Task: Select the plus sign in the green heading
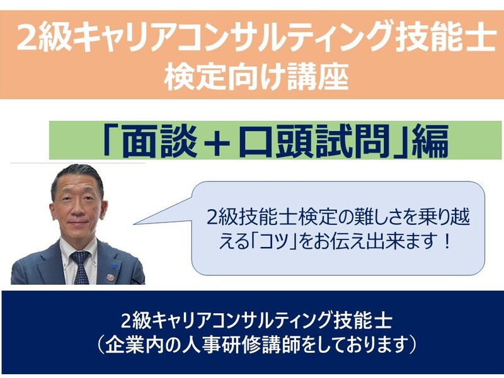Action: [217, 142]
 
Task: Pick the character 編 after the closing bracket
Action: [430, 142]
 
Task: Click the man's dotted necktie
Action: [81, 267]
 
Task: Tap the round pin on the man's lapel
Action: [110, 277]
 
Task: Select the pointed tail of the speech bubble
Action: [134, 224]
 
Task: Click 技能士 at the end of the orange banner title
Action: [445, 38]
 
